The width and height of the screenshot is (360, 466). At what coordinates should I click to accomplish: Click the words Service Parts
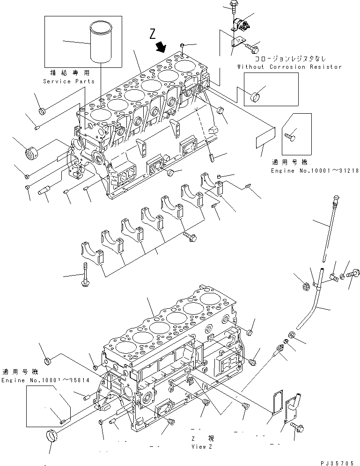click(69, 81)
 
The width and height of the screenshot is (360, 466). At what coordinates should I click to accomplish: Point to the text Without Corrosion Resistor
click(289, 67)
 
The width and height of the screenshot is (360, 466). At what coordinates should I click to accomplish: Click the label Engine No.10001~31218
click(315, 171)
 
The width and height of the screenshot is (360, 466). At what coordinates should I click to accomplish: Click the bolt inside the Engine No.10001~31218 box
click(289, 136)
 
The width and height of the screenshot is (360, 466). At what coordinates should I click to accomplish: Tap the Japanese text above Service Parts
click(69, 73)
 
